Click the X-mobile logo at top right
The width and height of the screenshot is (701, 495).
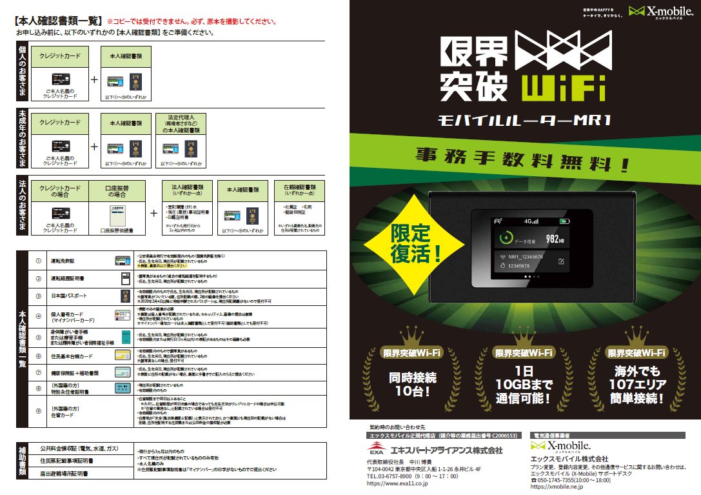pos(664,12)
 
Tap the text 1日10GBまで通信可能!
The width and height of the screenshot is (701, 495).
pos(524,385)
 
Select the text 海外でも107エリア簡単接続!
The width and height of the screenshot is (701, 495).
pos(636,385)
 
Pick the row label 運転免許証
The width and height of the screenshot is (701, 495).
pos(65,261)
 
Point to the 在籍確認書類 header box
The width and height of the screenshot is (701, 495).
pos(299,190)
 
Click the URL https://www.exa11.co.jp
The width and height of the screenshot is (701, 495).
pos(398,482)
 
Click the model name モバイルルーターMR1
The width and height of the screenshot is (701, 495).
pos(524,121)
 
